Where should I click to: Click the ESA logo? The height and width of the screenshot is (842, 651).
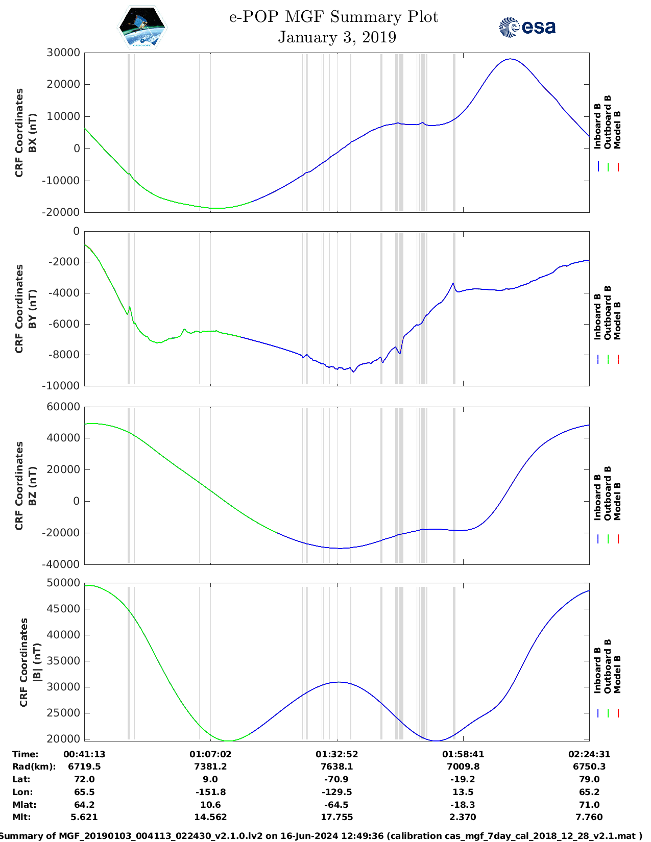click(527, 27)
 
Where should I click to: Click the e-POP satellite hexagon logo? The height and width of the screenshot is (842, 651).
click(142, 28)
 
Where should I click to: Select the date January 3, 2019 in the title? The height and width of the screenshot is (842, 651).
click(336, 37)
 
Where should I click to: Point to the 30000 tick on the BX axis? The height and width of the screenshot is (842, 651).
click(63, 53)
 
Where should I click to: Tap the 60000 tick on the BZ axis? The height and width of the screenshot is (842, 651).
click(63, 407)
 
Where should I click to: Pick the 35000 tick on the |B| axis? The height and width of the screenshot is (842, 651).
click(63, 661)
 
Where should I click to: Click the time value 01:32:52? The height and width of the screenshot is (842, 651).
click(336, 754)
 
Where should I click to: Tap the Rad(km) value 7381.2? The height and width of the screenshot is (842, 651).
click(210, 766)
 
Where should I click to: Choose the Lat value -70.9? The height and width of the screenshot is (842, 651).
click(336, 779)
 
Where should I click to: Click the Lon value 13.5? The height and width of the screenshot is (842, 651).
click(463, 792)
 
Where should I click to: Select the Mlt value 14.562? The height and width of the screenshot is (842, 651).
click(210, 817)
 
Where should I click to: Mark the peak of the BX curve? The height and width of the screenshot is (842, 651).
click(510, 59)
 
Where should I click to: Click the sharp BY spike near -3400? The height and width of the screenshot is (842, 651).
click(453, 283)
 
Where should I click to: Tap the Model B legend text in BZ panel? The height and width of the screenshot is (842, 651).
click(617, 501)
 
